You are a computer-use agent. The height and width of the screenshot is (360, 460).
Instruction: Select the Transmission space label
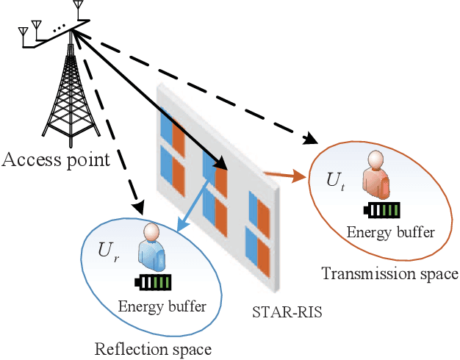coord(389,274)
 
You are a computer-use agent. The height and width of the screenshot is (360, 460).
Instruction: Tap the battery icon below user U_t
coord(382,210)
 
